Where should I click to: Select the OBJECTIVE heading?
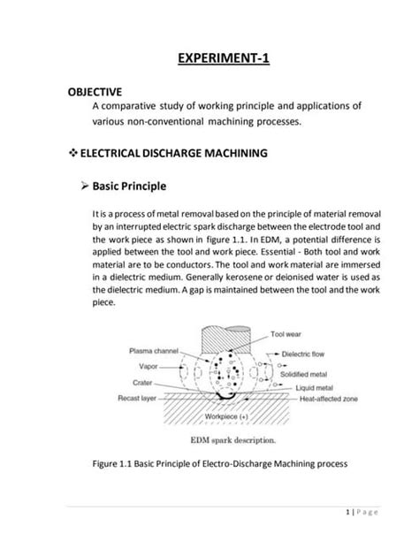[101, 91]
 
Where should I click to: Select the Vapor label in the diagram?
[148, 365]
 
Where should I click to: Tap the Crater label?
[147, 385]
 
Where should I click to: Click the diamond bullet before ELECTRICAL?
[73, 153]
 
